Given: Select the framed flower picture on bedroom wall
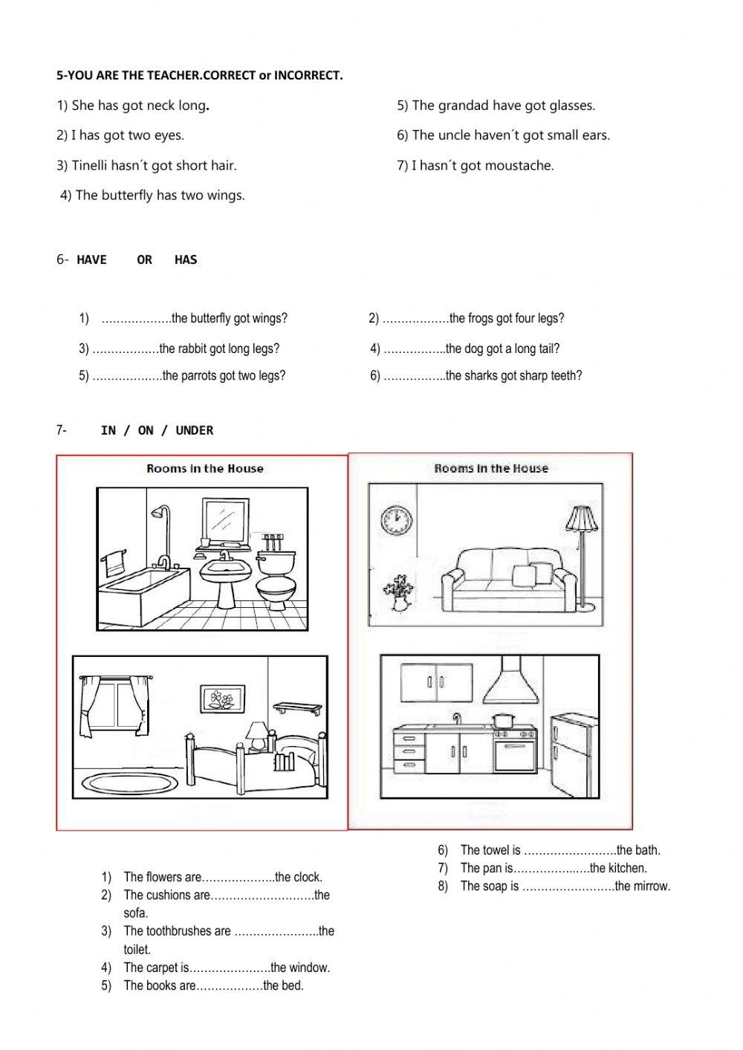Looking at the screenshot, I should click(219, 699).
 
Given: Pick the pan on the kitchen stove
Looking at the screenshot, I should click(503, 719).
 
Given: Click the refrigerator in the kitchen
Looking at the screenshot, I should click(574, 754).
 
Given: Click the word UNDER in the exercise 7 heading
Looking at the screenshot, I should click(195, 430).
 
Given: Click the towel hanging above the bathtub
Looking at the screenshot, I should click(114, 562).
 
